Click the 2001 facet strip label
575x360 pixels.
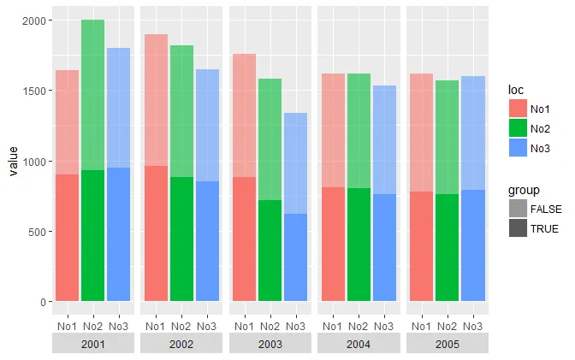pos(92,344)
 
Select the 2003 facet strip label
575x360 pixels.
pos(270,344)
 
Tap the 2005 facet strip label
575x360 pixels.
pos(448,344)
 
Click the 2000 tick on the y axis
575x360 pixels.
pos(33,20)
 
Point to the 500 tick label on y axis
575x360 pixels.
pos(37,231)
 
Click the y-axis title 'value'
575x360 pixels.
pos(13,161)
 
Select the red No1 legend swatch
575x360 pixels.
pos(517,109)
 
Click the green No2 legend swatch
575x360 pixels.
pos(517,128)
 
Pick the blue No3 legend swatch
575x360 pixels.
pos(517,148)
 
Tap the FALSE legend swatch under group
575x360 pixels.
pos(517,209)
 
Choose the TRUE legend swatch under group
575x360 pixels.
pos(517,228)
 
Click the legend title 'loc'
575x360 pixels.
pos(515,89)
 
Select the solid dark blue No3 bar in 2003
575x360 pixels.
pos(295,257)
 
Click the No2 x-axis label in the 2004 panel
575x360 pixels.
pos(359,326)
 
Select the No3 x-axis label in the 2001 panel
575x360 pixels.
pos(118,326)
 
